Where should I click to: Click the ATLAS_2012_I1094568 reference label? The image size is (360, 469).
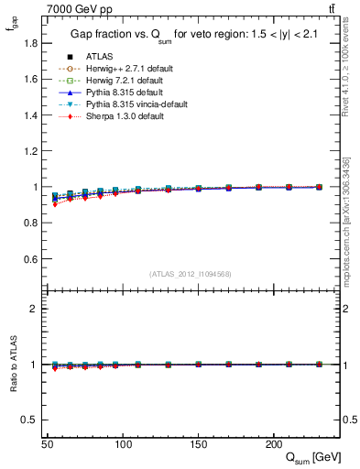191,273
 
